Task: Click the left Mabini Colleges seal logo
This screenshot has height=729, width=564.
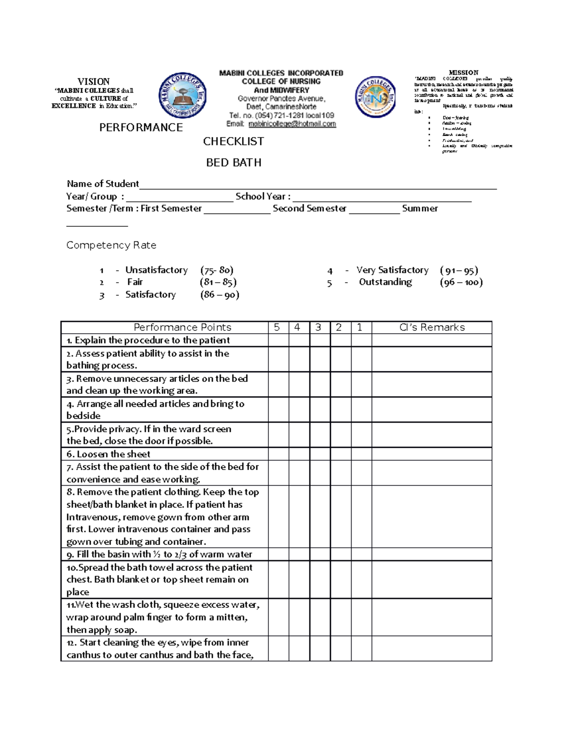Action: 183,96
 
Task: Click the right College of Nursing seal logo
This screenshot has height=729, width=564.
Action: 376,97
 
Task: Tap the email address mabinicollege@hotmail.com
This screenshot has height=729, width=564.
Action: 292,124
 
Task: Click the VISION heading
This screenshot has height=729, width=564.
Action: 94,82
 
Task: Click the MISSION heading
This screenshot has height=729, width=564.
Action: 463,73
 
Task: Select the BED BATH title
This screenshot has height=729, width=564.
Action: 234,163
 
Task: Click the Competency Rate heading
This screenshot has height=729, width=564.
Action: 111,246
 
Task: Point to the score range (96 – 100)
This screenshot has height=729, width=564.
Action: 461,282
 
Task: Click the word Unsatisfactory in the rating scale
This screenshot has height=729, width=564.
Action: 157,270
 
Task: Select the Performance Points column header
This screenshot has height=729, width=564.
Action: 182,328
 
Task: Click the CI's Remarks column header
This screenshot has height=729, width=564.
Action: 431,328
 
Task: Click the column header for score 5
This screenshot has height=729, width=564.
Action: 277,328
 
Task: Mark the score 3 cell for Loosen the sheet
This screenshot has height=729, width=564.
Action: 320,454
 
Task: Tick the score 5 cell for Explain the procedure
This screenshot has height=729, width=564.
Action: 278,340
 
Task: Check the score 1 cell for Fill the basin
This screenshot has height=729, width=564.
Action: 361,554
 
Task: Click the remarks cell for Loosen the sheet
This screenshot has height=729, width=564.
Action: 431,454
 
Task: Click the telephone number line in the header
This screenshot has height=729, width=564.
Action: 281,115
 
